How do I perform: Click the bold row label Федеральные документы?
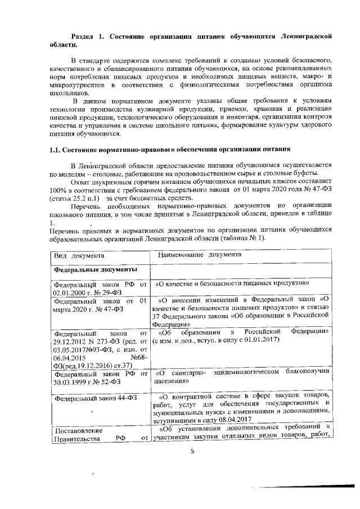click(x=92, y=269)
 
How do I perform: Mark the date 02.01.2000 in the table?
click(x=73, y=292)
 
